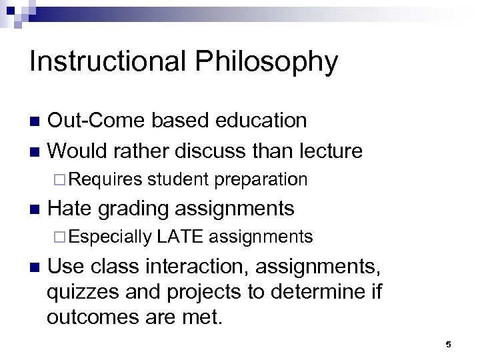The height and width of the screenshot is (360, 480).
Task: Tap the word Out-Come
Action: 97,121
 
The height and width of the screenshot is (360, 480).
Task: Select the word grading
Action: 133,209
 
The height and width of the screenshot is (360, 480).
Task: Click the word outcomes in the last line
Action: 95,317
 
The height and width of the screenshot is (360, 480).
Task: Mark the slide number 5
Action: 448,345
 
